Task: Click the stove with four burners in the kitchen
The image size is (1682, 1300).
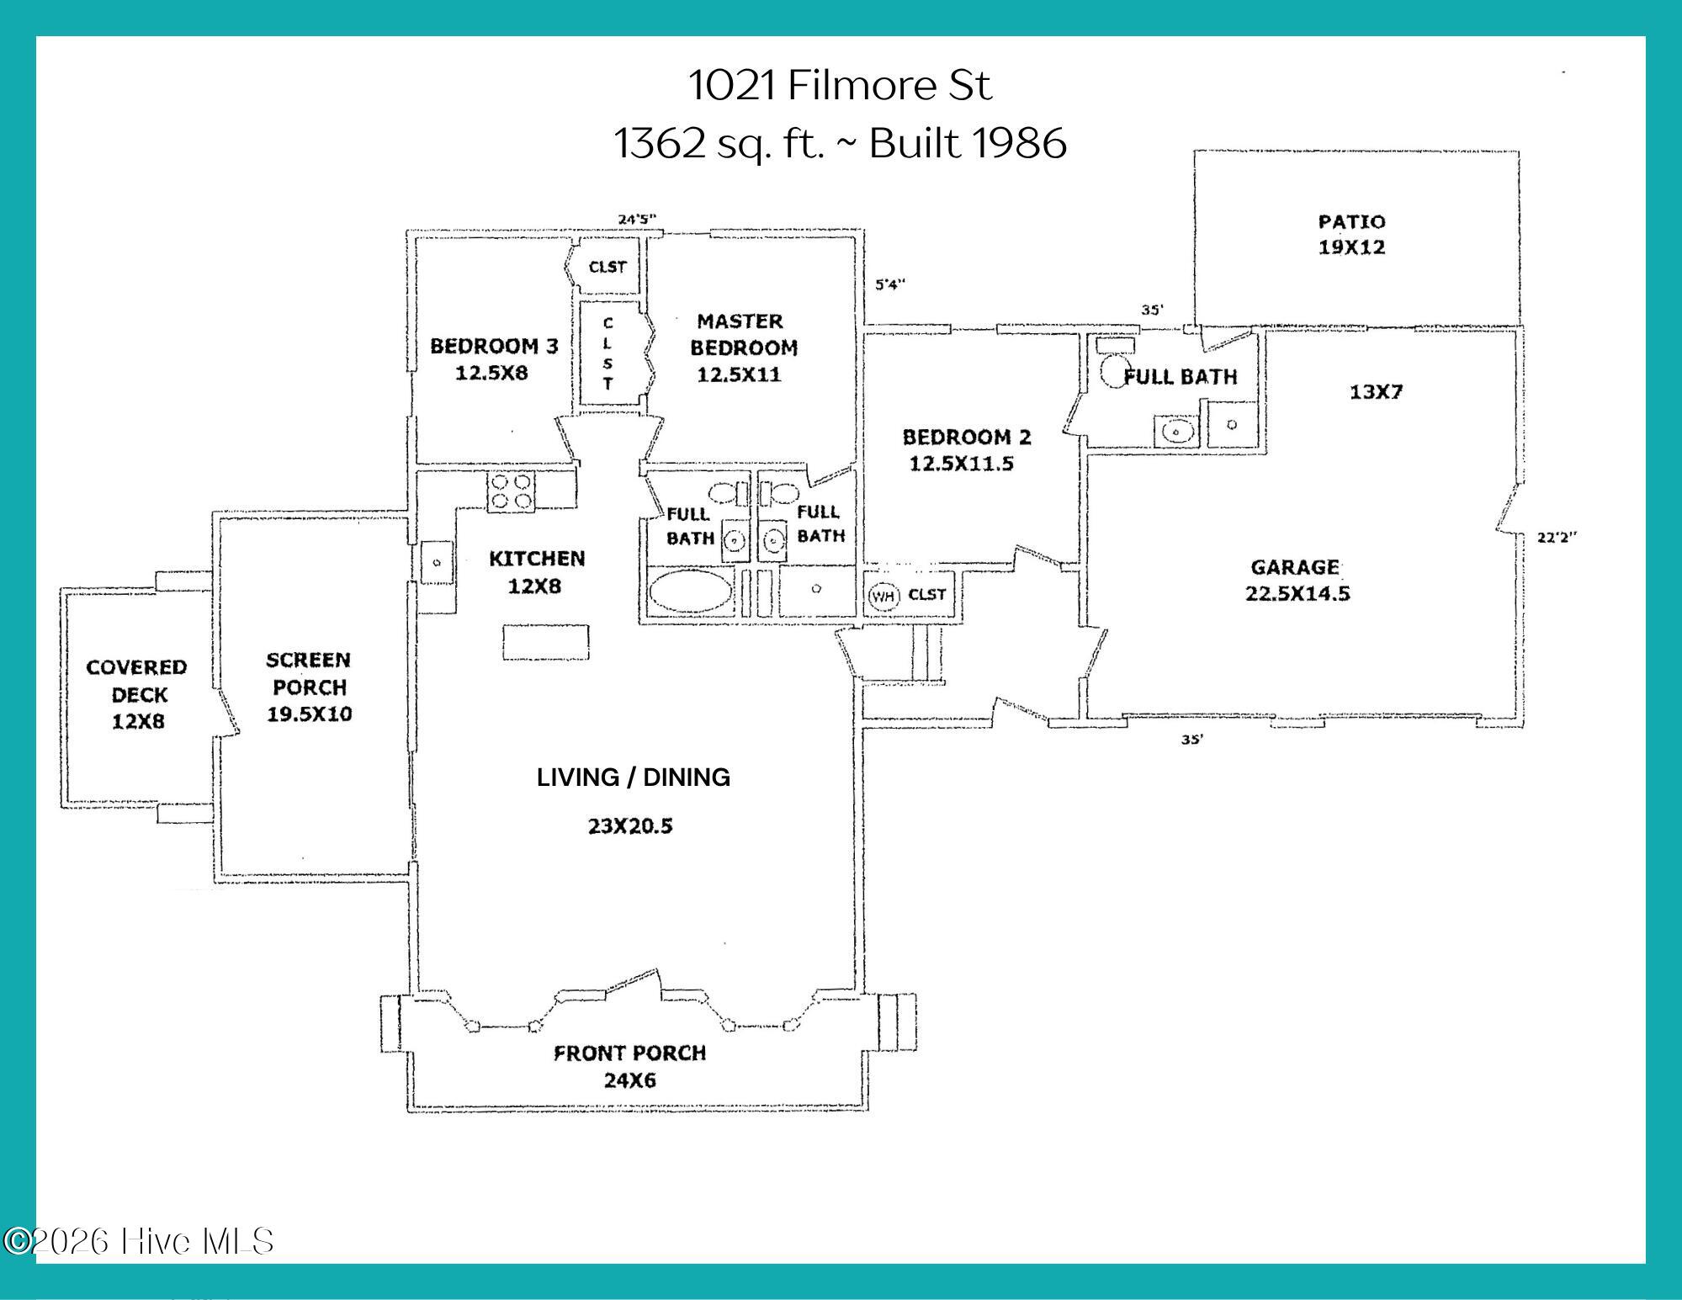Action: coord(512,491)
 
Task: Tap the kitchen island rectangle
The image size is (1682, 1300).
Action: coord(546,644)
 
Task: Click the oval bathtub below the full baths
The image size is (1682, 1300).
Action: coord(690,592)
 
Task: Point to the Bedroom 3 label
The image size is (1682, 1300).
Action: coord(494,346)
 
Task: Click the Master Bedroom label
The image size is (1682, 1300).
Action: coord(743,334)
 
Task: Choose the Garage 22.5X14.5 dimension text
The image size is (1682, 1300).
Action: coord(1297,593)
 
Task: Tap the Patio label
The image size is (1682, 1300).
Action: coord(1351,222)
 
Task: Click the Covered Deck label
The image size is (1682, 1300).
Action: coord(136,681)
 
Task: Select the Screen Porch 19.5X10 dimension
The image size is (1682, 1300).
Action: coord(310,714)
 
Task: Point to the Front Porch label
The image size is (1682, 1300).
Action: coord(629,1053)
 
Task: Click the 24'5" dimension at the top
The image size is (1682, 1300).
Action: coord(637,220)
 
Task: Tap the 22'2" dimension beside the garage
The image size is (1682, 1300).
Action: coord(1557,538)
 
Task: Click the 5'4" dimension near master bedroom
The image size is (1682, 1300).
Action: coord(890,284)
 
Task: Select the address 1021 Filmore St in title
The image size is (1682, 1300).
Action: coord(841,85)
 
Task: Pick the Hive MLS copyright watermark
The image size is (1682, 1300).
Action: coord(139,1241)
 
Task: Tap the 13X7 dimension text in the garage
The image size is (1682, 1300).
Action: coord(1376,392)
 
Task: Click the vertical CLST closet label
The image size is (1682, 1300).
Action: coord(608,353)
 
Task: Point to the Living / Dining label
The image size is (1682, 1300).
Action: coord(634,777)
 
